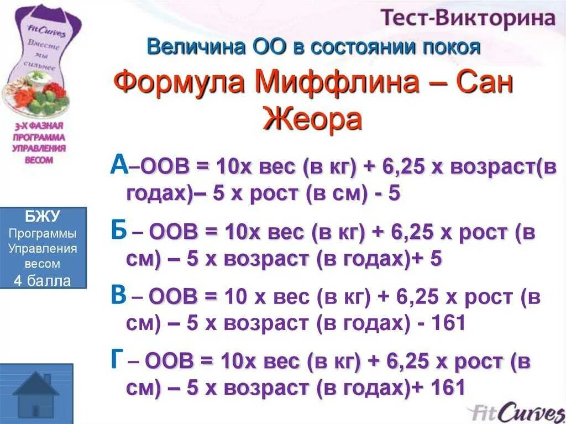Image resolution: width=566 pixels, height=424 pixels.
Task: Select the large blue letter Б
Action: tap(119, 231)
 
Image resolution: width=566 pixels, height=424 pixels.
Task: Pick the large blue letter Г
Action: tap(117, 360)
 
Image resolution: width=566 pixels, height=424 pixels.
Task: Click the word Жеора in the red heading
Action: tap(313, 118)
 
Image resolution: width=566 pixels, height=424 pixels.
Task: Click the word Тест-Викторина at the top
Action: tap(467, 18)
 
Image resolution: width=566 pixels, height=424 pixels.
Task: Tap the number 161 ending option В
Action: tap(446, 323)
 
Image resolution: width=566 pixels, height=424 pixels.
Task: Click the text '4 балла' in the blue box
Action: tap(43, 281)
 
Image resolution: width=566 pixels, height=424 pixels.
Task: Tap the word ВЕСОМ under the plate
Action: tap(39, 160)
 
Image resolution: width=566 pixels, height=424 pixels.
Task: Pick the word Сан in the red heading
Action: tap(485, 84)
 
